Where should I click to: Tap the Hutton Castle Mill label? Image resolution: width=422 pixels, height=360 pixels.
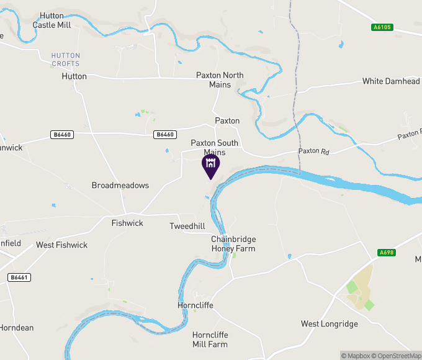pos(52,20)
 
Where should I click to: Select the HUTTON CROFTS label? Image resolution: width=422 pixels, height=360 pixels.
pos(65,60)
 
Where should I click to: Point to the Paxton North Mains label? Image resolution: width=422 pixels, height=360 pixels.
pos(220,79)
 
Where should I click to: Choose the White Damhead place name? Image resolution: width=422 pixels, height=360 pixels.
pos(390,81)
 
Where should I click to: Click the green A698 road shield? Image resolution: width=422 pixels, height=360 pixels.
pos(386,253)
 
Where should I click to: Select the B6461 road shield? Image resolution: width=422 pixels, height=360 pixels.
pos(19,277)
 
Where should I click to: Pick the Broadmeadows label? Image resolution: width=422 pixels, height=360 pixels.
pos(120,186)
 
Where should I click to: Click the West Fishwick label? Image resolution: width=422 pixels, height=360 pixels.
pos(61,245)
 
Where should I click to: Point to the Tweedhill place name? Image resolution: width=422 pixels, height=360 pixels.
pos(187,227)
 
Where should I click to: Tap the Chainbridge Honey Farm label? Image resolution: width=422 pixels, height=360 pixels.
pos(233,244)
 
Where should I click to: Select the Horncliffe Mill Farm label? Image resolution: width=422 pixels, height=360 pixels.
pos(210,340)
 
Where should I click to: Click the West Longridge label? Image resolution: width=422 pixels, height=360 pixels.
pos(330,324)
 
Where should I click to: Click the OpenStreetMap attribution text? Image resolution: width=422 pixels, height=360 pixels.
pos(397,356)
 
